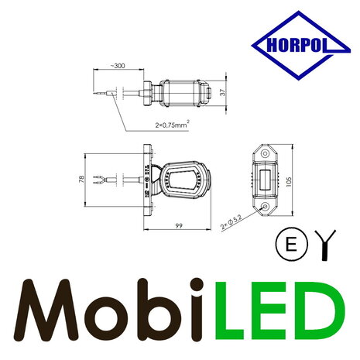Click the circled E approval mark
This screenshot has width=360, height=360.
point(287,244)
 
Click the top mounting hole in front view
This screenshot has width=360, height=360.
point(265,153)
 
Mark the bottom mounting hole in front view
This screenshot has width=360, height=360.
point(265,208)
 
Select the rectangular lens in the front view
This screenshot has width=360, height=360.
point(265,181)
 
